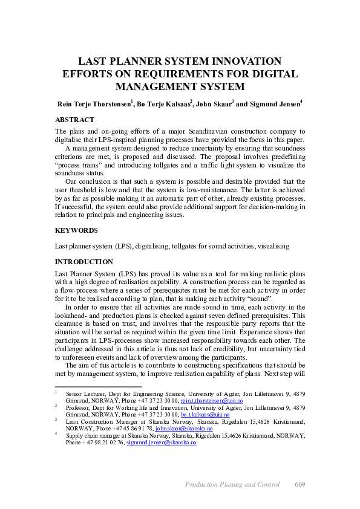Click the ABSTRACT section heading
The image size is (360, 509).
(x=74, y=120)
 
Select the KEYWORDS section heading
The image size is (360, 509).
(x=75, y=230)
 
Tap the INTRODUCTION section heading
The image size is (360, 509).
(x=83, y=262)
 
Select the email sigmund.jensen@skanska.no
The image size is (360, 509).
(x=162, y=443)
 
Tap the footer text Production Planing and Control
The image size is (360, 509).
(x=232, y=484)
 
